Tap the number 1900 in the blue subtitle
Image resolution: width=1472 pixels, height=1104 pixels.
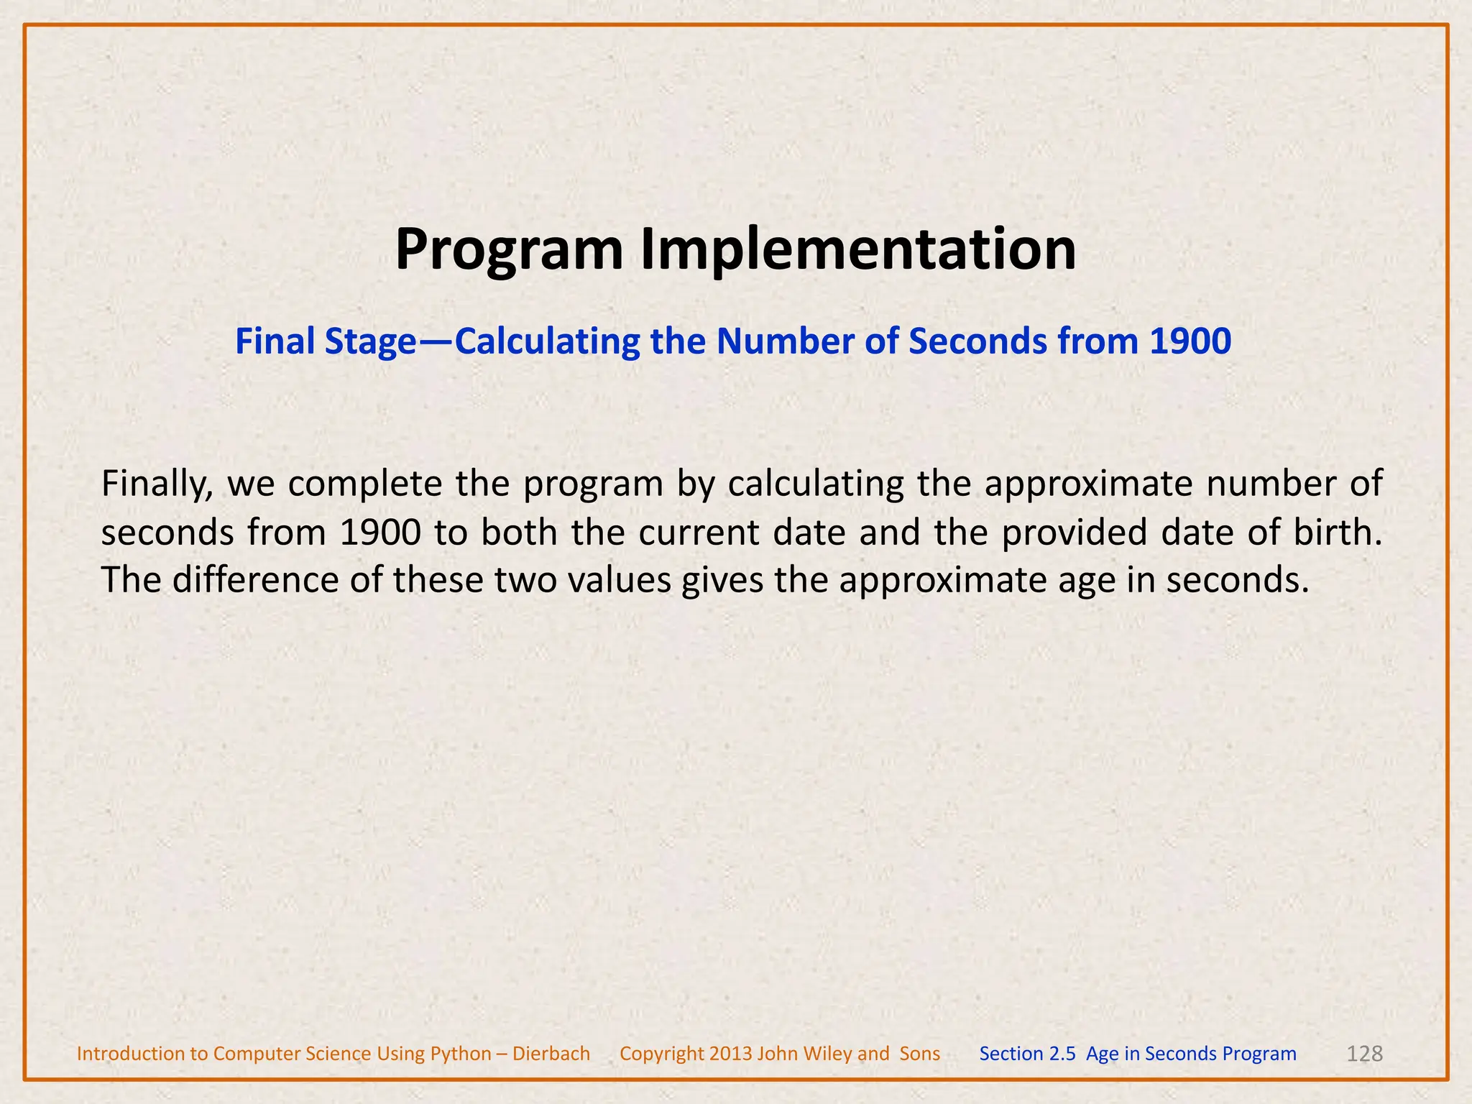pos(1190,341)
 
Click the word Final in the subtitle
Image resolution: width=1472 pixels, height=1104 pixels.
pos(276,341)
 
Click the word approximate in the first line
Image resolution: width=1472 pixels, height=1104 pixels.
pos(1088,484)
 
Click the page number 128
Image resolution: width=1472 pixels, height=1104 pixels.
pos(1364,1054)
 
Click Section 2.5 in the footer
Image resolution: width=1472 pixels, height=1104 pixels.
pos(1027,1054)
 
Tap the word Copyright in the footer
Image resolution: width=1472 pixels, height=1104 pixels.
pos(661,1054)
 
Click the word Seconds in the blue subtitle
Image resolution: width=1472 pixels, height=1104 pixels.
pos(977,341)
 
